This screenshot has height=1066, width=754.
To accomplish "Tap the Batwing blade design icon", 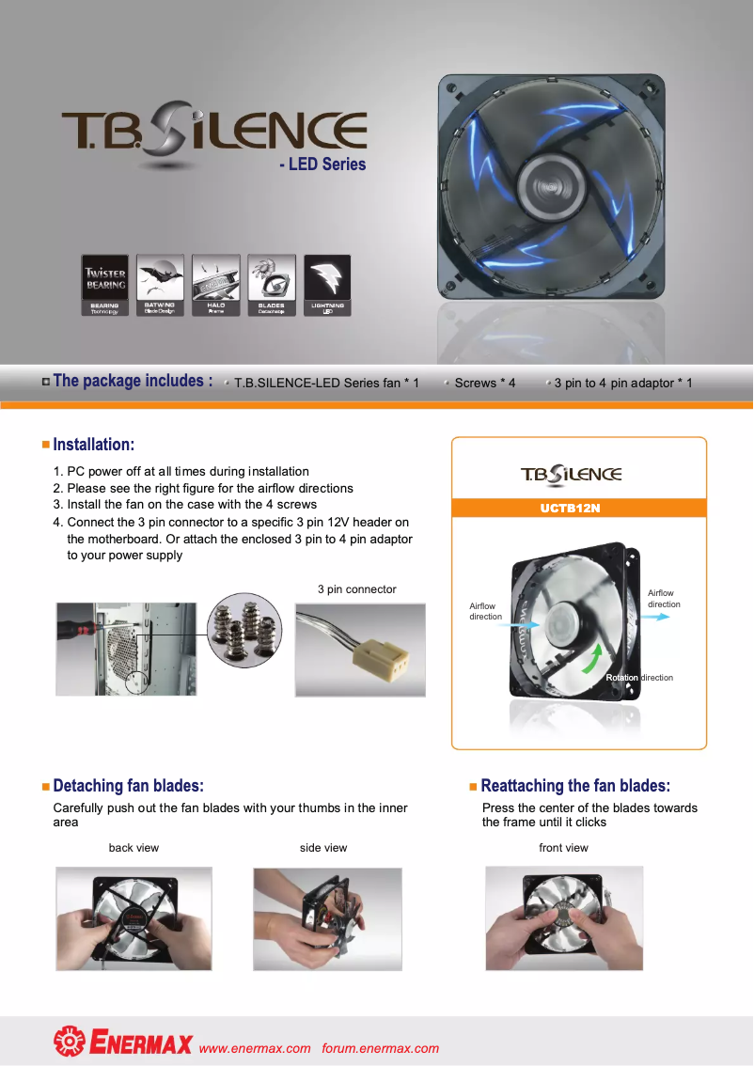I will pyautogui.click(x=160, y=285).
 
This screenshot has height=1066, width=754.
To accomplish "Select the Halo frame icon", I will pyautogui.click(x=215, y=285).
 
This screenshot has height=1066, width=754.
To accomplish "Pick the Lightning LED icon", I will pyautogui.click(x=327, y=285).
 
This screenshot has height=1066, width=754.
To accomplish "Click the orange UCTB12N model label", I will pyautogui.click(x=570, y=509).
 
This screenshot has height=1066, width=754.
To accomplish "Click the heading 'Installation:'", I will pyautogui.click(x=93, y=444).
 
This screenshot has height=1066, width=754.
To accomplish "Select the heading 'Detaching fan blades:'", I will pyautogui.click(x=128, y=786).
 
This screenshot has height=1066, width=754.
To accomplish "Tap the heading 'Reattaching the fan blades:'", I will pyautogui.click(x=574, y=786).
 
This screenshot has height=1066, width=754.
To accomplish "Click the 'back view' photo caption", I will pyautogui.click(x=134, y=848).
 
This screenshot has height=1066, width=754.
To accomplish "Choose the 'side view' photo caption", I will pyautogui.click(x=323, y=848).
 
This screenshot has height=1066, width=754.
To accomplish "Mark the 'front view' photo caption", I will pyautogui.click(x=563, y=848).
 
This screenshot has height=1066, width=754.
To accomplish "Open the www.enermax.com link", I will pyautogui.click(x=255, y=1048).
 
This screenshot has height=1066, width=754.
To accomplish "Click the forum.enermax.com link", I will pyautogui.click(x=380, y=1048).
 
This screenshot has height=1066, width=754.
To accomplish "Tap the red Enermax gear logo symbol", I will pyautogui.click(x=69, y=1042).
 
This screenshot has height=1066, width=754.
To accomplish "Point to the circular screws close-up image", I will pyautogui.click(x=243, y=630).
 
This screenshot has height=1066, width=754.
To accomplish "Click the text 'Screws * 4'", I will pyautogui.click(x=484, y=384).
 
